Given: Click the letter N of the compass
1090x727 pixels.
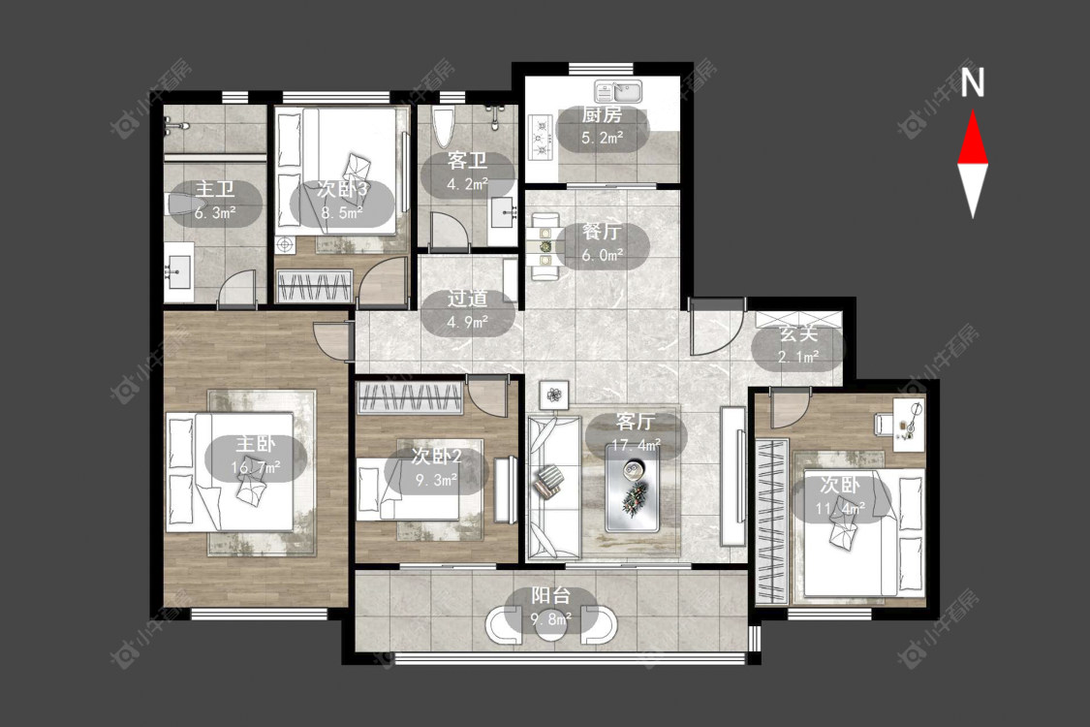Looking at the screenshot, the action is click(973, 81).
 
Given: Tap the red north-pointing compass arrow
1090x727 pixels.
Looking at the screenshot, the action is click(973, 139).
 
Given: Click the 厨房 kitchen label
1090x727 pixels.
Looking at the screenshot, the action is click(602, 114).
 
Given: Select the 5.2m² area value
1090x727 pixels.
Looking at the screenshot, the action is click(602, 138).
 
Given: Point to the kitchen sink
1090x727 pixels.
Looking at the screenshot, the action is click(620, 91).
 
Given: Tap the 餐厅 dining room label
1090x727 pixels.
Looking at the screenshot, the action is click(602, 232).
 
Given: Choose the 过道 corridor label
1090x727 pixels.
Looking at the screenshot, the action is click(467, 299).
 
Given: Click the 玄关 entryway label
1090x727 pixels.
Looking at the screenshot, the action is click(798, 333).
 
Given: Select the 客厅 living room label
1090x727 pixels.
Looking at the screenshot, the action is click(636, 421).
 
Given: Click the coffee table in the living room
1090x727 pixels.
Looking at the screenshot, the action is click(633, 489).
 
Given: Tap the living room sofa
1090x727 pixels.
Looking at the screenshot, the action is click(554, 488).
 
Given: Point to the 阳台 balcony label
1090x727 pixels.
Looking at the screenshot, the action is click(551, 595).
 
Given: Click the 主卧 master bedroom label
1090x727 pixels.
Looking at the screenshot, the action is click(256, 444).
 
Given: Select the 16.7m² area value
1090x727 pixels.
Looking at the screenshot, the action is click(256, 467).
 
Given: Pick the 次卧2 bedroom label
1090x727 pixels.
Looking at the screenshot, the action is click(437, 457).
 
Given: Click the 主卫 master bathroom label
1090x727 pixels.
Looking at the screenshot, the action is click(215, 189).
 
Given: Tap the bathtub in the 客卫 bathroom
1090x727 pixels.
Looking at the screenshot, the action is click(443, 127).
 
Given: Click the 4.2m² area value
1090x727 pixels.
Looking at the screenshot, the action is click(467, 185).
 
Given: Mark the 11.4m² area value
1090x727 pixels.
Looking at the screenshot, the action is click(840, 509).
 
